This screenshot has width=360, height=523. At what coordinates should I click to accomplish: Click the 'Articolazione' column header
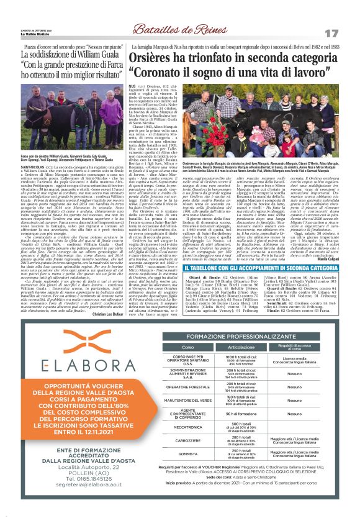coord(241,347)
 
